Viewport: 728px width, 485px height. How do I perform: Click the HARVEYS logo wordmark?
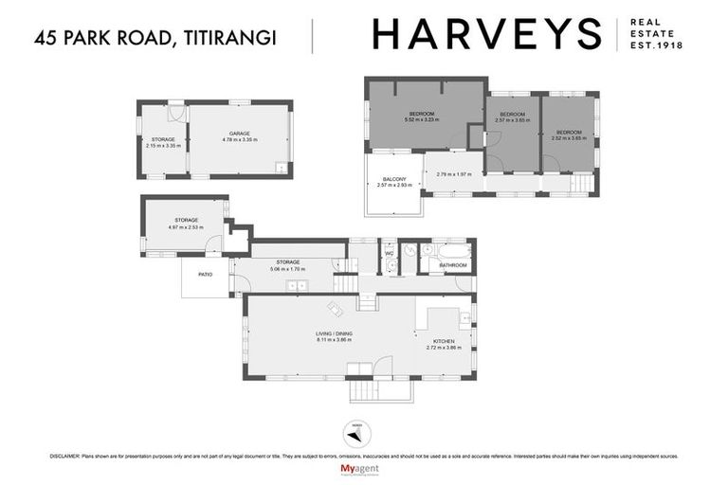point(486,34)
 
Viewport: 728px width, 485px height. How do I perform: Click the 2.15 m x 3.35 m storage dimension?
point(162,146)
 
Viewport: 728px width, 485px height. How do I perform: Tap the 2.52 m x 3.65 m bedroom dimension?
point(569,138)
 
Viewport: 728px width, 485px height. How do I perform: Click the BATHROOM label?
point(453,265)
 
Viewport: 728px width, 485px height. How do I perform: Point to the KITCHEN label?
point(444,341)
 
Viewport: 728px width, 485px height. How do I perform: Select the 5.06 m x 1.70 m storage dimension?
point(288,269)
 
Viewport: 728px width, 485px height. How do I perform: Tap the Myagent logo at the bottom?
point(364,470)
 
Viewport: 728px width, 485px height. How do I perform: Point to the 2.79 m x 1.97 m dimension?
point(453,174)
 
